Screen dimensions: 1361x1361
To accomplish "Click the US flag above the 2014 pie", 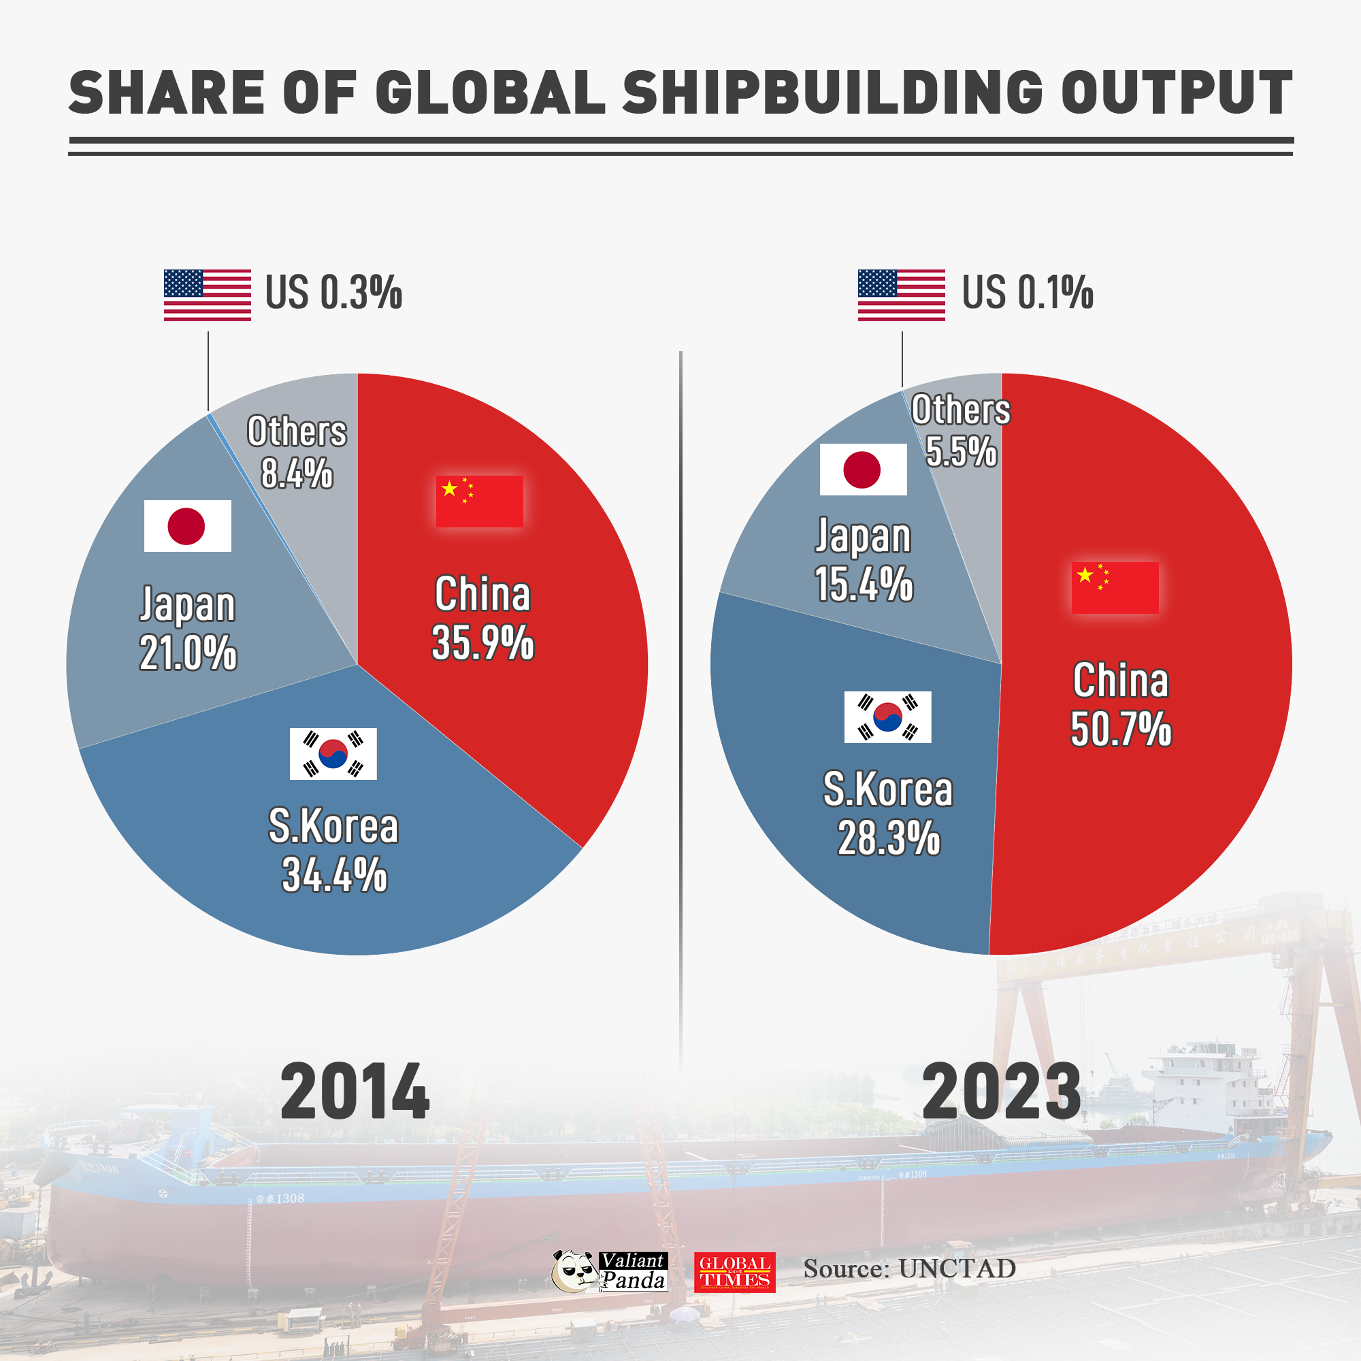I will click(x=207, y=295).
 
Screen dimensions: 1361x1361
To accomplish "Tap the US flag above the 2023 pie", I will click(x=901, y=295).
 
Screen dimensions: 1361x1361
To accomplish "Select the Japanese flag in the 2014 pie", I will click(x=187, y=525).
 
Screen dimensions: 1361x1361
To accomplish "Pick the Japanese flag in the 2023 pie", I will click(x=863, y=469).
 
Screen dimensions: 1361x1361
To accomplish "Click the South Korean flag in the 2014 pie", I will click(x=333, y=753).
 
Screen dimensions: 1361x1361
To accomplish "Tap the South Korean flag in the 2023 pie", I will click(x=887, y=717).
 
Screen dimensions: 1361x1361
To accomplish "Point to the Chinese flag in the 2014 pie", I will click(x=479, y=501).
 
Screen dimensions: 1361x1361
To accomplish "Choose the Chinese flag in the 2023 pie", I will click(x=1115, y=587).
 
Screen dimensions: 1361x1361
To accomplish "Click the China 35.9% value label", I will click(x=482, y=642).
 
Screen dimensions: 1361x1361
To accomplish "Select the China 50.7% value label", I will click(x=1120, y=728).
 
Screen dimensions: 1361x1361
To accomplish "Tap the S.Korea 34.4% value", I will click(x=334, y=874).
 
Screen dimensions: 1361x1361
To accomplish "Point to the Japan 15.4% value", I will click(x=864, y=584).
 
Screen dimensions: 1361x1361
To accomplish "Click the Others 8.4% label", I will click(x=297, y=452).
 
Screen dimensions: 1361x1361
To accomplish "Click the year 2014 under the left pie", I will click(x=355, y=1092).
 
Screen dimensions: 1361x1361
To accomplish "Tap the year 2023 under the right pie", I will click(x=1001, y=1092).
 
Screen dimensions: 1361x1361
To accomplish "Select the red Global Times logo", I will click(x=734, y=1272).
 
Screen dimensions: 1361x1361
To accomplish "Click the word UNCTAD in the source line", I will click(x=957, y=1268).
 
